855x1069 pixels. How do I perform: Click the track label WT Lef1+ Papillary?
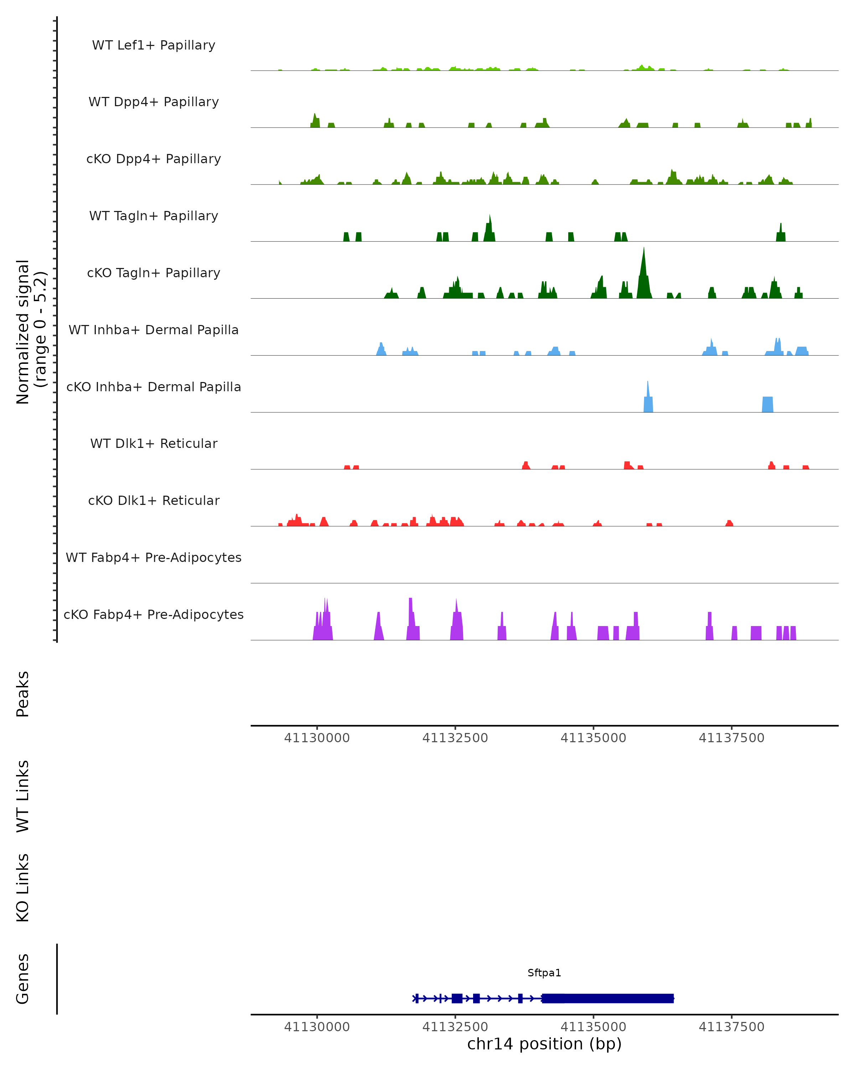pos(154,45)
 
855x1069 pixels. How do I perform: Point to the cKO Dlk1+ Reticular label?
pos(154,500)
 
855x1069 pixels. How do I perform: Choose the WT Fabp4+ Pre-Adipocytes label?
pos(154,557)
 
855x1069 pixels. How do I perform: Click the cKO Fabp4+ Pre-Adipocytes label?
pos(154,614)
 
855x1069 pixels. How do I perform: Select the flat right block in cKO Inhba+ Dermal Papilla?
pos(767,404)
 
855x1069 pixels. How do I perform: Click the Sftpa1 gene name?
pos(544,973)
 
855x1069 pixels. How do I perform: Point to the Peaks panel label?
pos(23,694)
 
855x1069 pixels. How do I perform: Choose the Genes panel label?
pos(23,979)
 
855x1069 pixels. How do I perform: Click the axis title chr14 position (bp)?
pos(544,1044)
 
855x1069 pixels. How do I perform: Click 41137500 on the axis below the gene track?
pos(732,1027)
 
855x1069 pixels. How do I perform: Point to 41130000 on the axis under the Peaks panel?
pos(317,738)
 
